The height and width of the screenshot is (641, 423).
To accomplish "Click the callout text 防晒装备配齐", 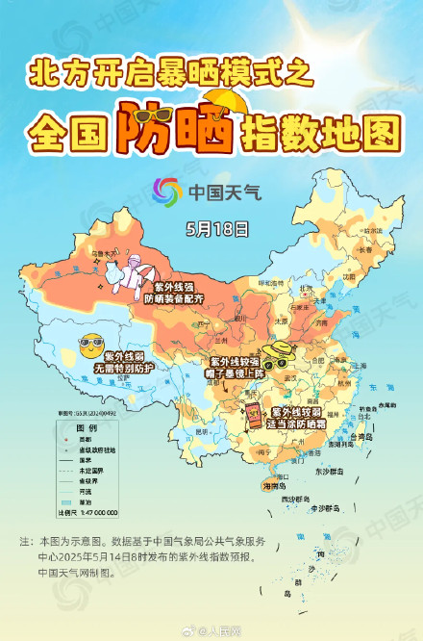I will coord(174,299).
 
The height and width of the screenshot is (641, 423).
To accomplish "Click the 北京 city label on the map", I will coord(306,288).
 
